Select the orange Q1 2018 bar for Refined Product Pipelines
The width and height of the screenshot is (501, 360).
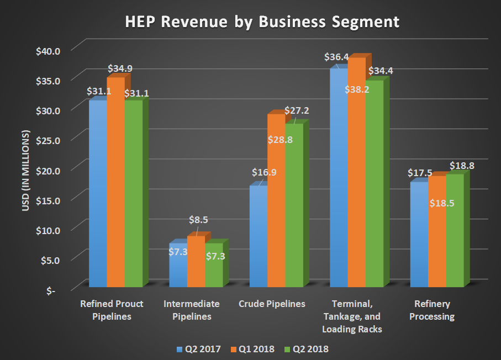[115, 182]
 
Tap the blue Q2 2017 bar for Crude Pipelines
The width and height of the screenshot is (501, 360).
[258, 237]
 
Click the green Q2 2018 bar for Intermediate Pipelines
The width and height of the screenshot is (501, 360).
[214, 265]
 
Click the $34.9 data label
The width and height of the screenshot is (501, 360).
[120, 69]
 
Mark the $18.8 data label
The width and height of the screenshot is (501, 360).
[462, 165]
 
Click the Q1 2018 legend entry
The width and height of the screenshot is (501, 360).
[252, 349]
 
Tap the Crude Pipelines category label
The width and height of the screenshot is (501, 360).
[272, 304]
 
